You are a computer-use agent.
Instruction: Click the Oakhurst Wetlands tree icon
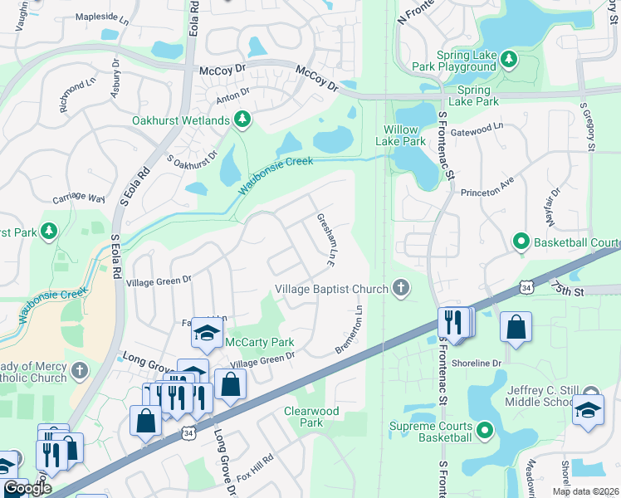[x=242, y=120]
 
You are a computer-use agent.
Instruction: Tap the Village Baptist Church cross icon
[x=401, y=289]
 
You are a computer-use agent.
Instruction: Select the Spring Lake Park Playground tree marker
[x=509, y=59]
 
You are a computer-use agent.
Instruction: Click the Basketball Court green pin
[x=521, y=242]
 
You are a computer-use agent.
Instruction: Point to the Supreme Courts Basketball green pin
[x=485, y=430]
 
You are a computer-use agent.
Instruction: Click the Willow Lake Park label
[x=404, y=135]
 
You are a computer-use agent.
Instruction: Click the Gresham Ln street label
[x=325, y=240]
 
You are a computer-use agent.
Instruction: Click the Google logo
[x=27, y=489]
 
